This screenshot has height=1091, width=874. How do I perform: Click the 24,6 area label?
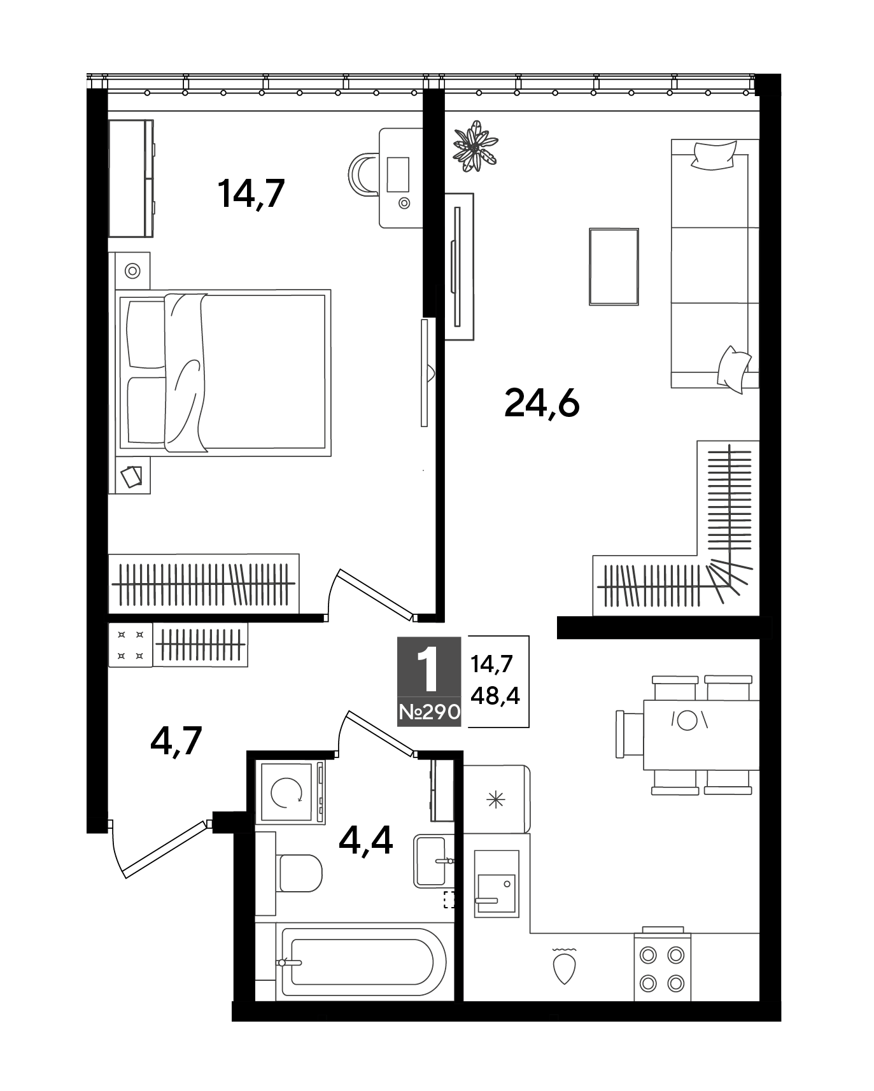[542, 404]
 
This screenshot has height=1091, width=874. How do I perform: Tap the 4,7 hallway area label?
[176, 740]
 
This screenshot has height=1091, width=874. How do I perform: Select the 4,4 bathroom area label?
[366, 840]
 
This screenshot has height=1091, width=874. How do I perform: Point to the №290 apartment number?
[429, 712]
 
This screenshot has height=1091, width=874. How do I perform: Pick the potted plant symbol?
[474, 147]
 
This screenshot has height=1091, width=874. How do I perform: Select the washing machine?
[290, 792]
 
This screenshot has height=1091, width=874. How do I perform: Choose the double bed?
[223, 373]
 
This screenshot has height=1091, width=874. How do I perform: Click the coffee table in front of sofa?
[614, 267]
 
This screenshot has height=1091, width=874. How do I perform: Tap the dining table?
[701, 735]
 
